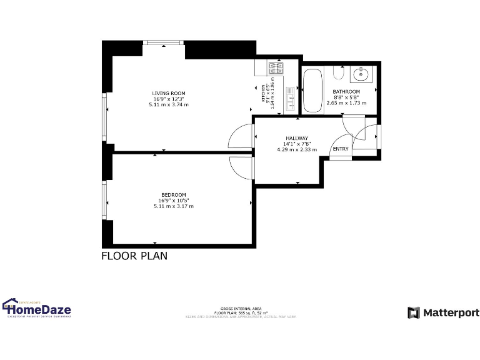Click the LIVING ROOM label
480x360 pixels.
169,93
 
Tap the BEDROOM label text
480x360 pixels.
173,194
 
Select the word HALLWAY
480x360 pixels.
297,138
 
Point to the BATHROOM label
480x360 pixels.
346,92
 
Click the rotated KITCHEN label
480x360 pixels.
263,96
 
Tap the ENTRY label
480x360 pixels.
341,149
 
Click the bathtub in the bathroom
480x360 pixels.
312,92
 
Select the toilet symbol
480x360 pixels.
338,74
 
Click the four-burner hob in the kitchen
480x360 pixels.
276,67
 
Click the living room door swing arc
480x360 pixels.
239,137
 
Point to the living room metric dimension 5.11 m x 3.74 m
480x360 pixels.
169,104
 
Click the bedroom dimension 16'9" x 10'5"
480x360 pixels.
173,200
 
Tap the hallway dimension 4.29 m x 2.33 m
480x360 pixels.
297,149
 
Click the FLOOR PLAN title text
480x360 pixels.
134,256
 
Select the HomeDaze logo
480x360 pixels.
37,309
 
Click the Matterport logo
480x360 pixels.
443,312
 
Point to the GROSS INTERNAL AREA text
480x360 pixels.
241,309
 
